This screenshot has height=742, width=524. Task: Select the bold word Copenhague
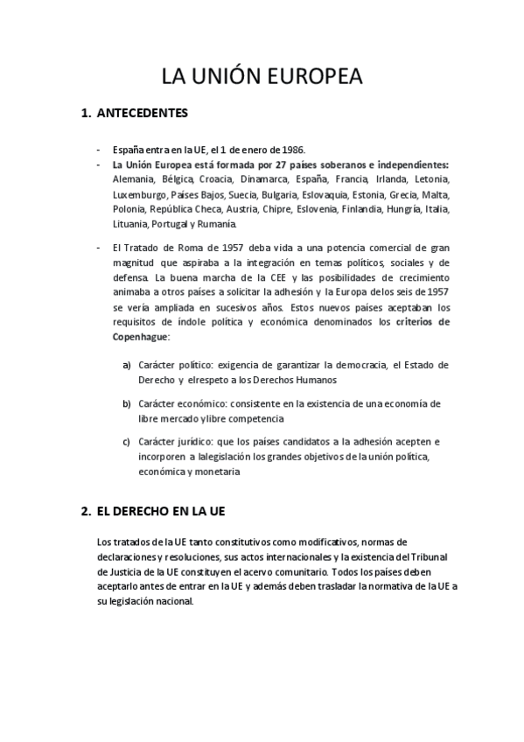tap(141, 336)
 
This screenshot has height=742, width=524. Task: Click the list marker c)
tap(127, 441)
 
